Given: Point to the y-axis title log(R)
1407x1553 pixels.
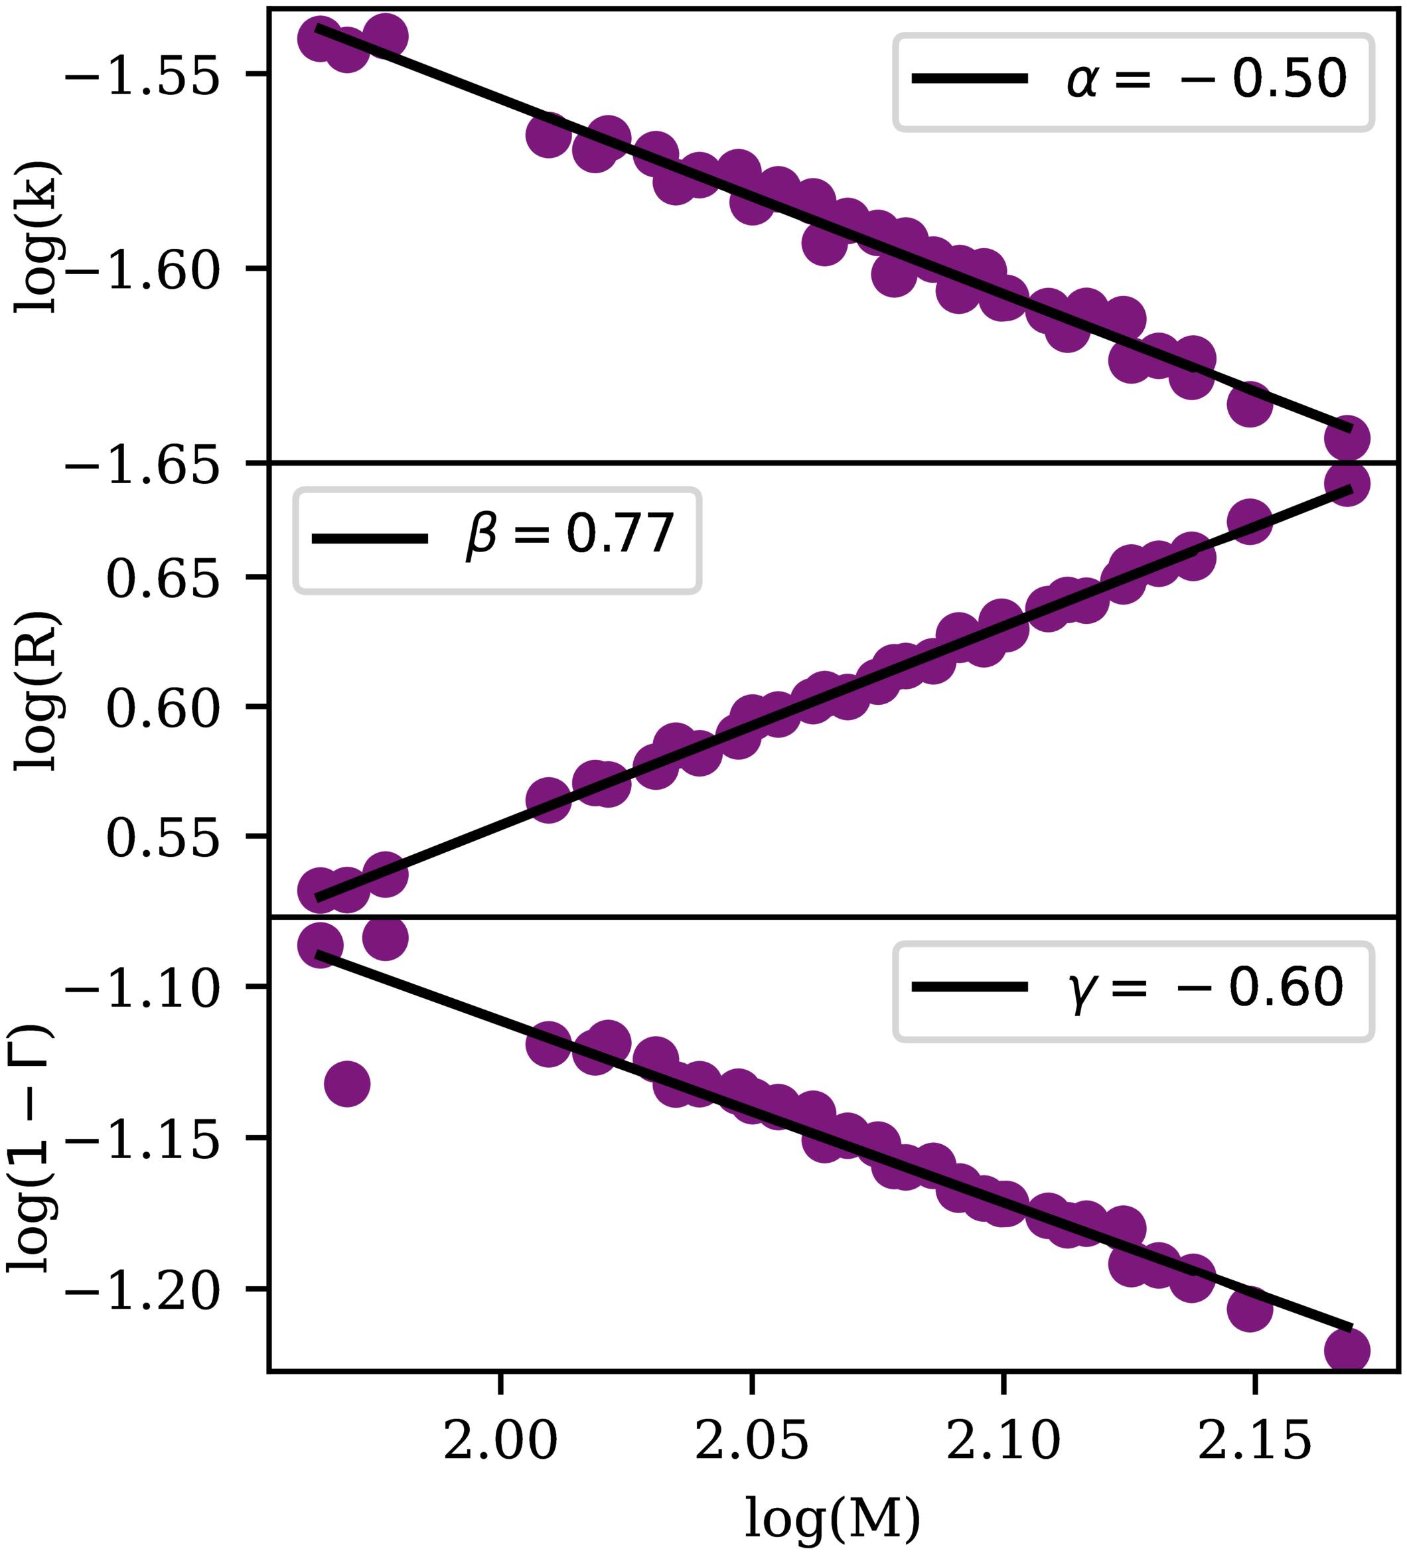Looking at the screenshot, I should [35, 691].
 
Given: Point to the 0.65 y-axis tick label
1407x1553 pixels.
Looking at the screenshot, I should [165, 579].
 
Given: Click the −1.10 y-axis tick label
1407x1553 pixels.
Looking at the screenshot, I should [144, 989].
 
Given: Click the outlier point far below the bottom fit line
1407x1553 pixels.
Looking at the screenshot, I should [348, 1084].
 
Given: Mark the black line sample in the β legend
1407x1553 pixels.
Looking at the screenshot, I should [369, 538].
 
